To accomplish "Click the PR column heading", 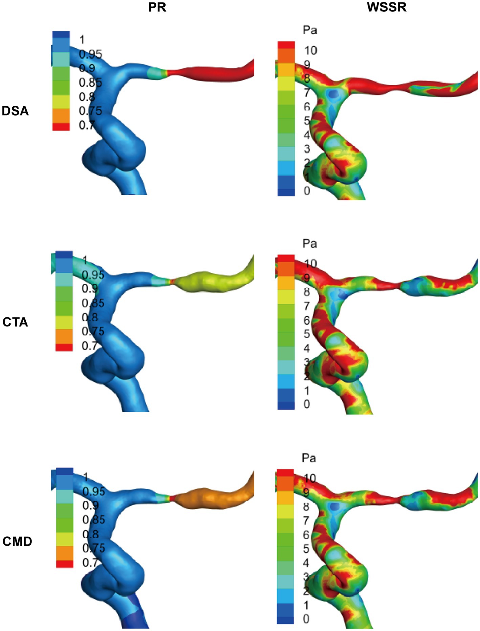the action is pyautogui.click(x=157, y=7).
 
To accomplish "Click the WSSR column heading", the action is pyautogui.click(x=387, y=7).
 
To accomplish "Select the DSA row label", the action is pyautogui.click(x=15, y=111).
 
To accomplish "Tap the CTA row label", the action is pyautogui.click(x=15, y=322).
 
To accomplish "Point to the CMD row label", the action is pyautogui.click(x=17, y=541).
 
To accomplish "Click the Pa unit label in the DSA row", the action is pyautogui.click(x=310, y=30).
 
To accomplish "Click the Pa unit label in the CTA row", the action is pyautogui.click(x=309, y=243).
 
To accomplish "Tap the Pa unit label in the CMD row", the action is pyautogui.click(x=309, y=458).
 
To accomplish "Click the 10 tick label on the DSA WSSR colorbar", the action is pyautogui.click(x=310, y=50).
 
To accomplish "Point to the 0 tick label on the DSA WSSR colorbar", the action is pyautogui.click(x=307, y=191).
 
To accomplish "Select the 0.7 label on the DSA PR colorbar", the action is pyautogui.click(x=86, y=125).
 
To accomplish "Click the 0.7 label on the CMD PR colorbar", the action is pyautogui.click(x=90, y=562).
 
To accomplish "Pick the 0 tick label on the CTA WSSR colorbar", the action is pyautogui.click(x=307, y=404).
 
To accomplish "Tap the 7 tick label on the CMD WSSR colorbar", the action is pyautogui.click(x=306, y=520).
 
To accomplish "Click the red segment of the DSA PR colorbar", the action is pyautogui.click(x=61, y=126).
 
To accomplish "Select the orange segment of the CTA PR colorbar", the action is pyautogui.click(x=64, y=336).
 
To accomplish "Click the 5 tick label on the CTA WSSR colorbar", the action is pyautogui.click(x=307, y=334).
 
